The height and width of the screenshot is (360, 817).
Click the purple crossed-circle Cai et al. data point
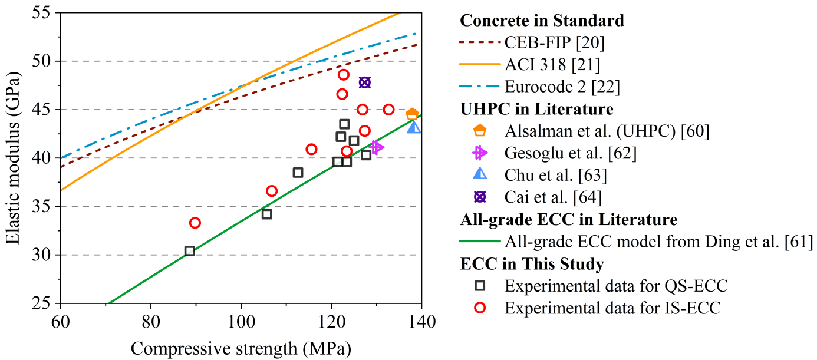365,82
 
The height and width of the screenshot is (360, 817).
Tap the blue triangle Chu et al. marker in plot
414,127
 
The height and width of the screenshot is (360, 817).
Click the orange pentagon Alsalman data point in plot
412,114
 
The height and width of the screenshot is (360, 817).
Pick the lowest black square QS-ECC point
190,251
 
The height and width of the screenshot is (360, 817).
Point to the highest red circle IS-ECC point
344,75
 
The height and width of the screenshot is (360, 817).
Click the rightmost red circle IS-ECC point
388,110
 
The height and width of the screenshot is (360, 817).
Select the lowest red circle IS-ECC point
195,223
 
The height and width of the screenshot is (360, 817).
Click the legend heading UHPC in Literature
536,109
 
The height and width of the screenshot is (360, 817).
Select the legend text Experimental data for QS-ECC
616,286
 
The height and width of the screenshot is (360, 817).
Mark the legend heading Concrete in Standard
542,21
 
